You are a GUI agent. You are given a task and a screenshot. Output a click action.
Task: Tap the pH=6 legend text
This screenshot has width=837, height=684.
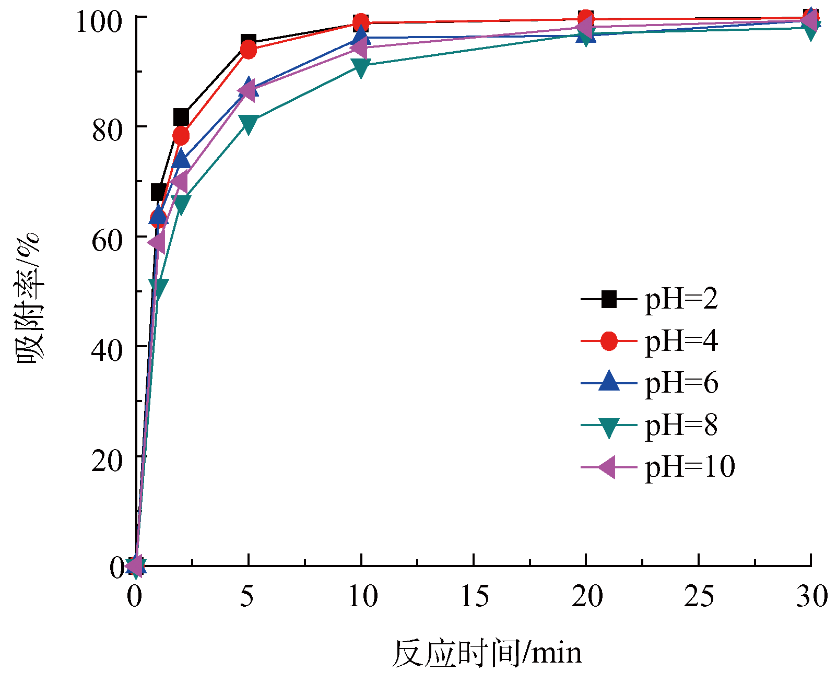click(x=681, y=383)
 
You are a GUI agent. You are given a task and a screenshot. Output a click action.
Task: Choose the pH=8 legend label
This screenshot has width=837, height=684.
click(x=681, y=425)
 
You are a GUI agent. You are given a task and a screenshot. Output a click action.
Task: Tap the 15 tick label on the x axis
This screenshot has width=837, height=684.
click(x=474, y=596)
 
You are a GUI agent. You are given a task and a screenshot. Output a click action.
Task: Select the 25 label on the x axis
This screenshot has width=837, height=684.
click(x=699, y=596)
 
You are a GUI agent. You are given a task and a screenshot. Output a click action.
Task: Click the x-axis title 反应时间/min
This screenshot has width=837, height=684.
click(x=487, y=653)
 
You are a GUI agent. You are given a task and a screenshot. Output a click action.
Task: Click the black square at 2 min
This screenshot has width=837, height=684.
click(x=181, y=116)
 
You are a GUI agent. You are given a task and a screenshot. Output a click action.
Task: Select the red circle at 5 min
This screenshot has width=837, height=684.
click(x=249, y=51)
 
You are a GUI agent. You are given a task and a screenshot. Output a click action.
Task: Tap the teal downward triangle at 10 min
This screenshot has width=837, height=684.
click(x=361, y=67)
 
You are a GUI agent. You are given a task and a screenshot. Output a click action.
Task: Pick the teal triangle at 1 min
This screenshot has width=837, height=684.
click(x=158, y=287)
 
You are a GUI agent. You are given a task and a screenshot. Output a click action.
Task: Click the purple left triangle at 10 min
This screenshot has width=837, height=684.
click(x=360, y=49)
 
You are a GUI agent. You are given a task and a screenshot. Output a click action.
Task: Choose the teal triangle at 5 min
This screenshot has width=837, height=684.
click(x=249, y=124)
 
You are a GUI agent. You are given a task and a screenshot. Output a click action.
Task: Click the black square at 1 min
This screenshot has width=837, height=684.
click(x=158, y=192)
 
